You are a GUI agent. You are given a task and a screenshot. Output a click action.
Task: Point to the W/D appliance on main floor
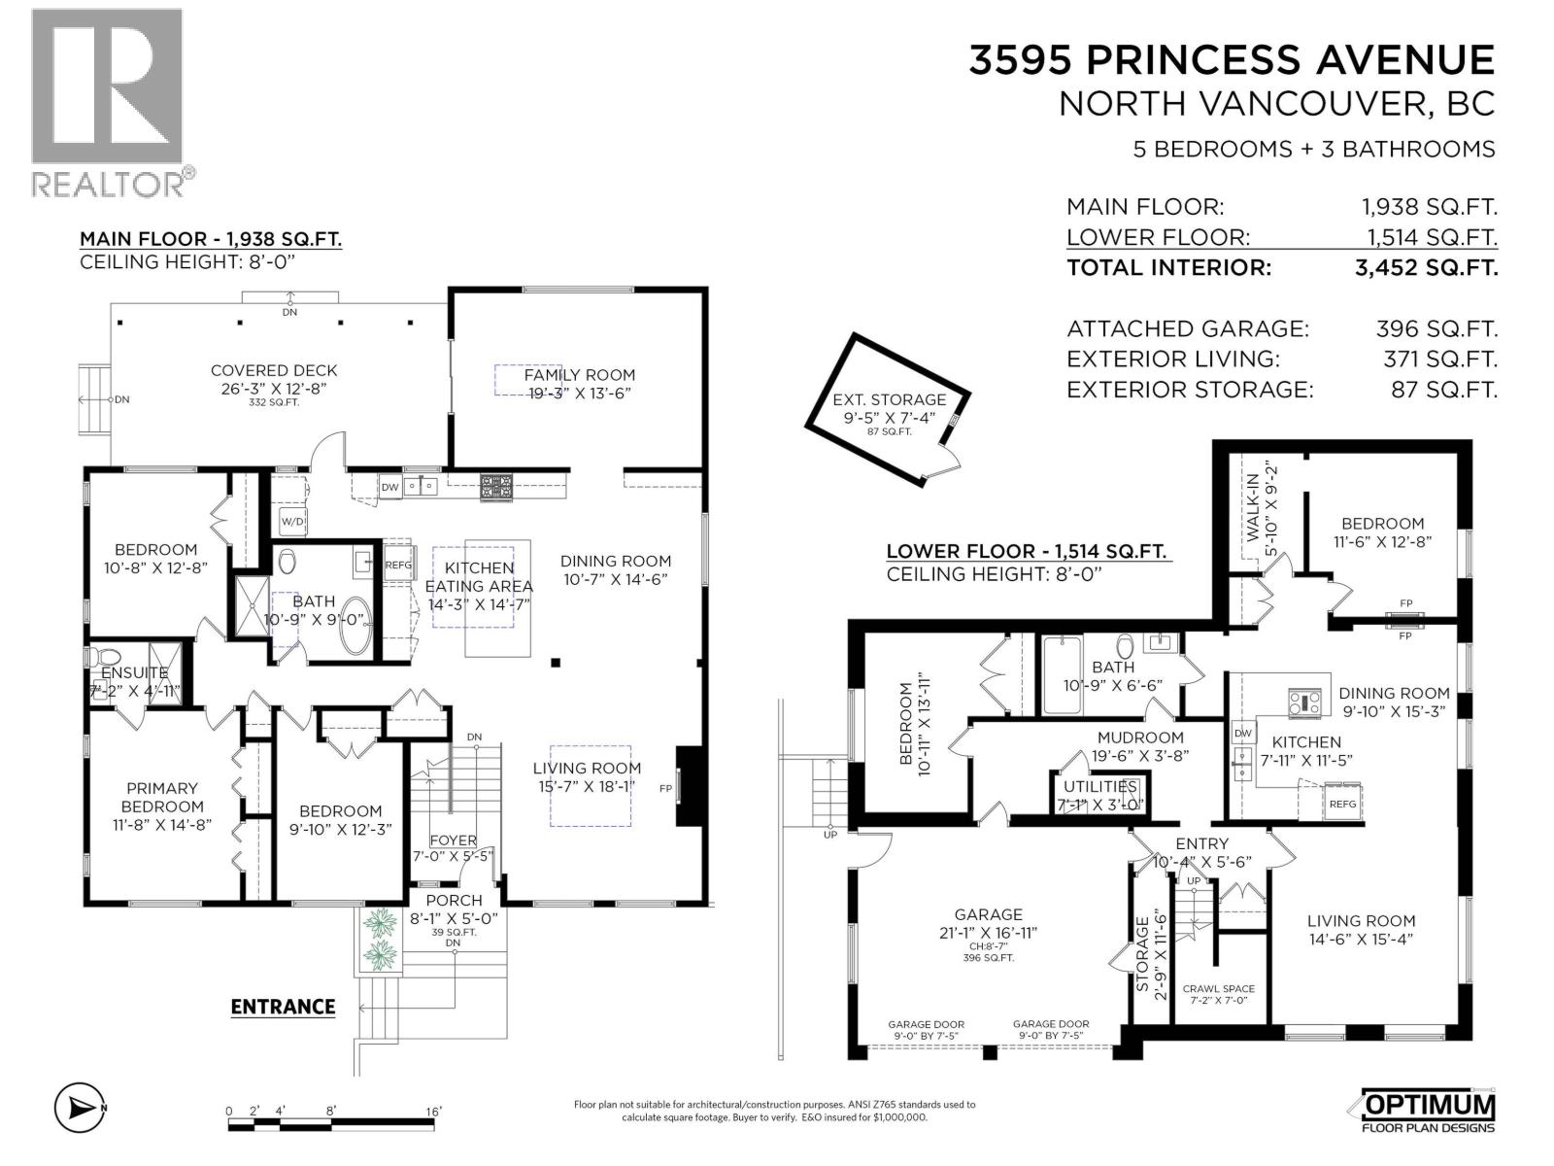click(292, 522)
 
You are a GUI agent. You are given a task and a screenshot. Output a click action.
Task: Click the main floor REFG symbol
click(398, 565)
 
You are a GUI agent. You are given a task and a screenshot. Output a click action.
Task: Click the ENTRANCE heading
click(284, 1007)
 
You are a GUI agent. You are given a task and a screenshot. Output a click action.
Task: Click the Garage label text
click(988, 914)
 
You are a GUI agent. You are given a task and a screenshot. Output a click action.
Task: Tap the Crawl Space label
click(1218, 989)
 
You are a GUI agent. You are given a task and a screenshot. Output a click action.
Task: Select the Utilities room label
click(1100, 786)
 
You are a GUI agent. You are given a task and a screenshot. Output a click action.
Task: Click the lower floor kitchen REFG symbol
click(1343, 804)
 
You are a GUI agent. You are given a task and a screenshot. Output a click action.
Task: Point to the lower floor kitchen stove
click(1304, 703)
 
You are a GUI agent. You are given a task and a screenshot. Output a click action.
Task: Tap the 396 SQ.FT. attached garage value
click(1436, 328)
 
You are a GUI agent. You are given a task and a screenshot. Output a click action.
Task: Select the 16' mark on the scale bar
click(433, 1111)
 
